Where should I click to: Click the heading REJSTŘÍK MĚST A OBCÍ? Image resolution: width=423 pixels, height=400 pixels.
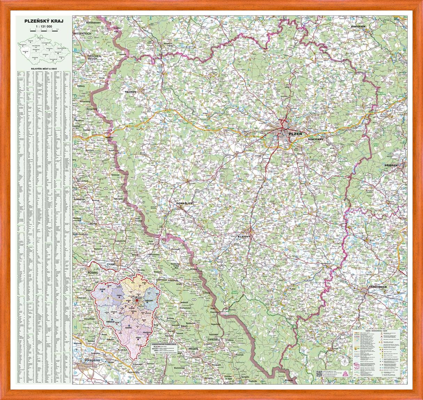click(x=44, y=69)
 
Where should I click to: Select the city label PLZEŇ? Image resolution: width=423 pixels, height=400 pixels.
click(x=296, y=134)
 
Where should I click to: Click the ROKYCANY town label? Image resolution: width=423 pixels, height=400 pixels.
click(x=316, y=139)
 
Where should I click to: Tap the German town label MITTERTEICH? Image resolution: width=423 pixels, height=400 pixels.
click(x=82, y=33)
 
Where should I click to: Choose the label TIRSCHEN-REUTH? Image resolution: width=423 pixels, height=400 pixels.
click(x=85, y=57)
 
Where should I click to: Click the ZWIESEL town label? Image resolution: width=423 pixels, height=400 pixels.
click(x=213, y=339)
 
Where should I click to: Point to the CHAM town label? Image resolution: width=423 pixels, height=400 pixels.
click(x=111, y=264)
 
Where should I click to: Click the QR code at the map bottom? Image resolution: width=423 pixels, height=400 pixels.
click(x=319, y=374)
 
